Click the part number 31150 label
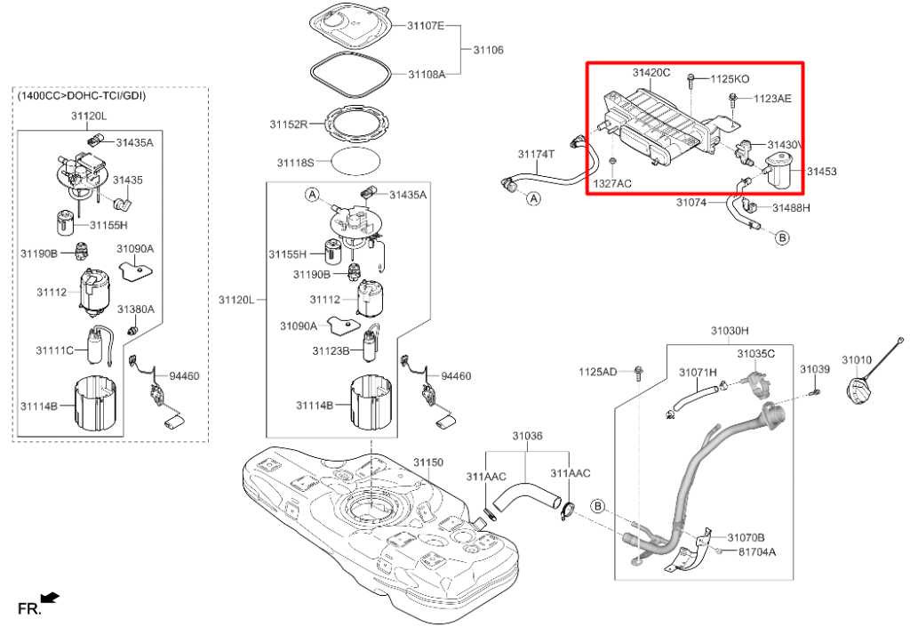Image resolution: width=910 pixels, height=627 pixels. click(428, 462)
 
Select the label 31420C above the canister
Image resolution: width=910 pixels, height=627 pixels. click(651, 73)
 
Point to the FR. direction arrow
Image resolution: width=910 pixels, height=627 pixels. click(51, 597)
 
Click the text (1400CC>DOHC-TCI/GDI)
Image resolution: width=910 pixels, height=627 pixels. click(81, 95)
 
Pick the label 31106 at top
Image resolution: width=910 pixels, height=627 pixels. click(488, 50)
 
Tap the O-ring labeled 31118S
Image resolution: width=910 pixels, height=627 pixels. click(356, 161)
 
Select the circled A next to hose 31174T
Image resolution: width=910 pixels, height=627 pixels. click(533, 198)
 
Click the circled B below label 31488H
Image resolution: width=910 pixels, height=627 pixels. click(782, 237)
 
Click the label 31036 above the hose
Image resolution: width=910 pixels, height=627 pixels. click(527, 436)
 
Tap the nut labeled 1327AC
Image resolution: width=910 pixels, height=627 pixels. click(612, 160)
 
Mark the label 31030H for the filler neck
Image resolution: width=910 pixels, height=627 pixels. click(730, 331)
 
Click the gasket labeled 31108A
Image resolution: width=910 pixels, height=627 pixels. click(349, 75)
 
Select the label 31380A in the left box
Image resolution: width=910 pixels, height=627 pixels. click(136, 309)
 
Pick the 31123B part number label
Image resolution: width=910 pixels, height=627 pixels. click(331, 350)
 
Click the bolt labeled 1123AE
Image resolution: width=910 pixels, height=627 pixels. click(733, 100)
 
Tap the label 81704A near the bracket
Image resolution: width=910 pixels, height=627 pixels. click(757, 551)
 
